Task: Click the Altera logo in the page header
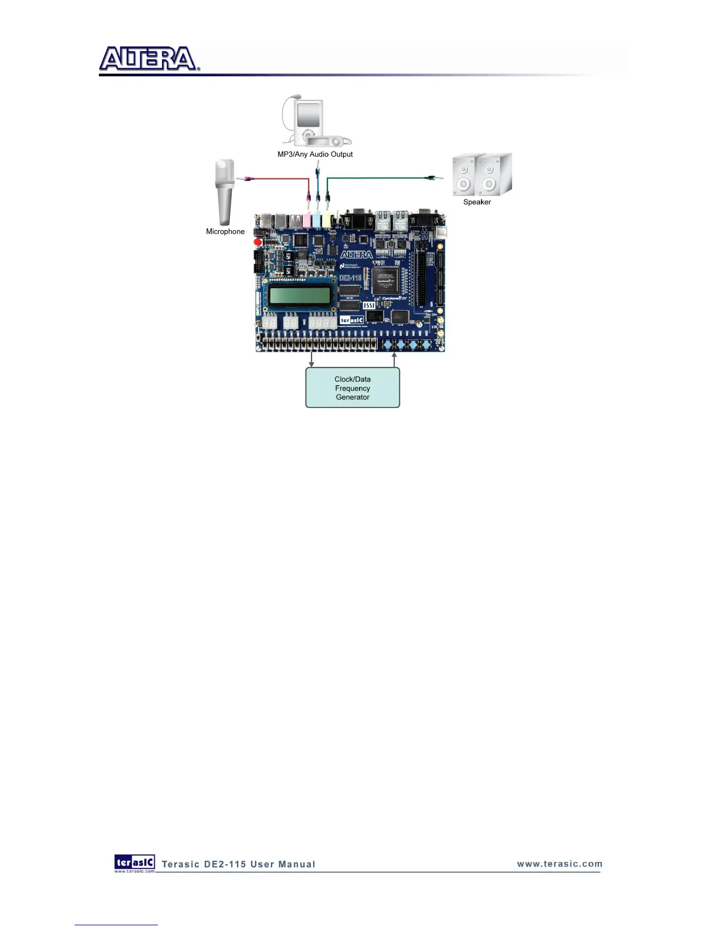point(149,59)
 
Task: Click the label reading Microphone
point(225,231)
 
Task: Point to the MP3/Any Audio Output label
point(315,154)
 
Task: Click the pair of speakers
point(482,175)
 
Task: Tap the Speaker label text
point(477,202)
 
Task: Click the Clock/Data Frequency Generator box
point(353,387)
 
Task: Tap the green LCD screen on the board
point(299,294)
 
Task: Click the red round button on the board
point(258,242)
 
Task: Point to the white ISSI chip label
point(369,305)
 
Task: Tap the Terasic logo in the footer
point(135,862)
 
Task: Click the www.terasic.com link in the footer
point(560,864)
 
